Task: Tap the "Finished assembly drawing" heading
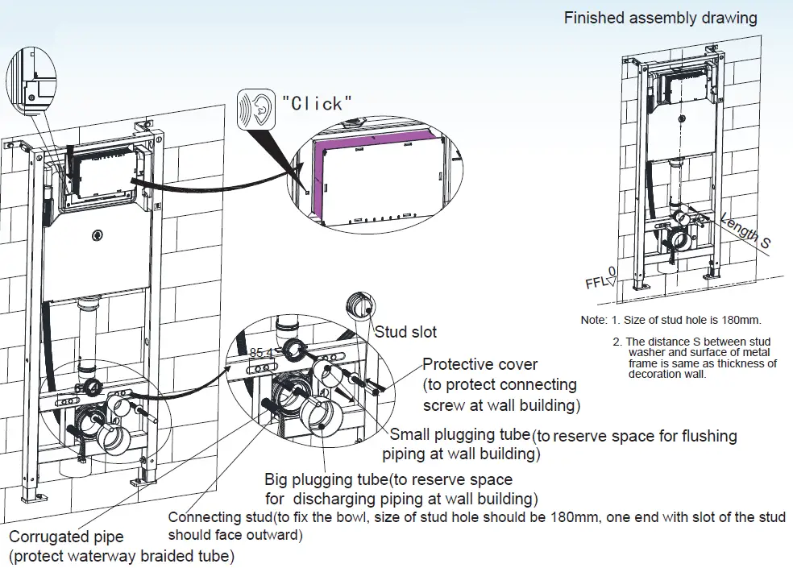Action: pyautogui.click(x=660, y=18)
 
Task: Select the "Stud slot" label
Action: pyautogui.click(x=406, y=331)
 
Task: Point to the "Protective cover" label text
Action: pyautogui.click(x=480, y=364)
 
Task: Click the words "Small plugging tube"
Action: pyautogui.click(x=460, y=436)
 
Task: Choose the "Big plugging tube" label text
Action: pyautogui.click(x=326, y=479)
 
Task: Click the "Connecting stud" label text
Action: pyautogui.click(x=218, y=517)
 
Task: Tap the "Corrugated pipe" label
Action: pyautogui.click(x=66, y=537)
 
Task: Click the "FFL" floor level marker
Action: pyautogui.click(x=596, y=283)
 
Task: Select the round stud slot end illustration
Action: pyautogui.click(x=359, y=307)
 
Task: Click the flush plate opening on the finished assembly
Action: pyautogui.click(x=680, y=88)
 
